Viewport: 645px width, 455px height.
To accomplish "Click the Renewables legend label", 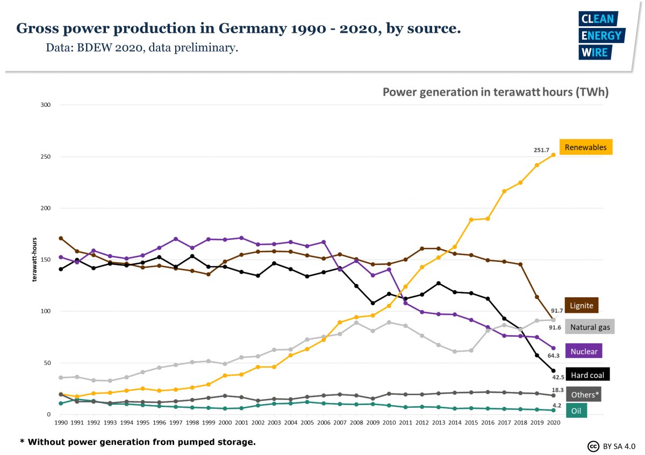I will click(585, 147).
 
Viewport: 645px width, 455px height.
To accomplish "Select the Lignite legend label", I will click(581, 306).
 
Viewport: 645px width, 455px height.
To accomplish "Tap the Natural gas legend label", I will click(590, 327).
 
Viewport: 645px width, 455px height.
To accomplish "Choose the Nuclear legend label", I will click(584, 351).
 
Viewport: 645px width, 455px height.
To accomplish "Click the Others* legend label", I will click(585, 394).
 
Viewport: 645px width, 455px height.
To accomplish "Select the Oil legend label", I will click(576, 411).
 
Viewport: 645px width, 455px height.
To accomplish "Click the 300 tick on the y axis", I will click(45, 105).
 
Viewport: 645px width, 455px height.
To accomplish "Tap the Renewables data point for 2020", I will click(554, 155).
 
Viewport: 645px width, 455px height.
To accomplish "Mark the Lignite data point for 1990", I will click(61, 238).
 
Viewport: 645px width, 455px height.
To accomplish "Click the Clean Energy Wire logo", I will click(601, 35).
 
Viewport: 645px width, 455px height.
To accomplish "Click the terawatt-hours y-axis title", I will click(34, 260).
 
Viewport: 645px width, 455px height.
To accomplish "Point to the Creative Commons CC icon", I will click(593, 446).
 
